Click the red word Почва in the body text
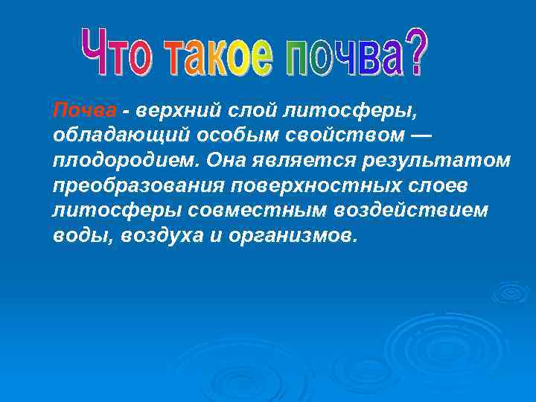84,111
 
